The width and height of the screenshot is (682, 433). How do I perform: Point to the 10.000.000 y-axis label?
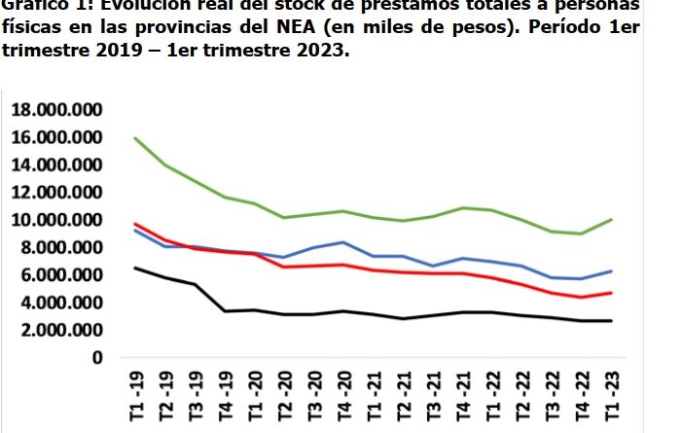(59, 220)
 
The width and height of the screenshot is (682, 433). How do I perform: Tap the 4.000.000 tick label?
(64, 303)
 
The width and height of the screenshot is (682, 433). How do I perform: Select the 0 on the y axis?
(96, 358)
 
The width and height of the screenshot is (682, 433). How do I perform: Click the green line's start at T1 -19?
(135, 138)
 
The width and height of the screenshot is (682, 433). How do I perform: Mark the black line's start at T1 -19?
(135, 268)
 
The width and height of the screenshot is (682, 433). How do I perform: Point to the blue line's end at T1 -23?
(612, 271)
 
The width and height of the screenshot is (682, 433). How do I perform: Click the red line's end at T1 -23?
(612, 293)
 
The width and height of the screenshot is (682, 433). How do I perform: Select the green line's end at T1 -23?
(612, 219)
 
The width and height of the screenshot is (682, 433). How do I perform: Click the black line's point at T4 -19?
(225, 311)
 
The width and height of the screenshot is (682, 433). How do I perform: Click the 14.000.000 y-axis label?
(59, 165)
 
